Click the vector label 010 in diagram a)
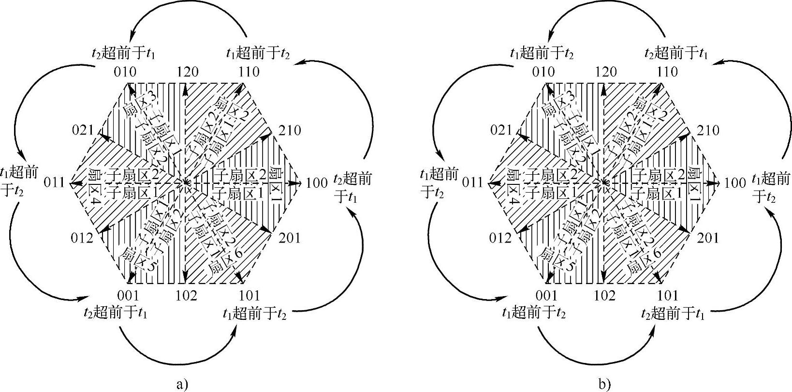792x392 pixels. pos(126,72)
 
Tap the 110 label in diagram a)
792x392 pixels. pos(249,72)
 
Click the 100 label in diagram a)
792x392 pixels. pos(317,183)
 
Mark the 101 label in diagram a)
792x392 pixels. pos(249,295)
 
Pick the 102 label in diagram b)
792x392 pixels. pos(604,295)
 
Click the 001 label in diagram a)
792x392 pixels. pos(128,295)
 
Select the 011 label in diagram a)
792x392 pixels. pos(54,182)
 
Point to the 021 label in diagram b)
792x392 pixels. pos(501,131)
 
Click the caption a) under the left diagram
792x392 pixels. pos(181,385)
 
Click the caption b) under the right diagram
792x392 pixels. pos(604,385)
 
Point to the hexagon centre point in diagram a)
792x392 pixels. pos(185,182)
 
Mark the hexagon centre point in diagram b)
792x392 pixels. pos(604,182)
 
